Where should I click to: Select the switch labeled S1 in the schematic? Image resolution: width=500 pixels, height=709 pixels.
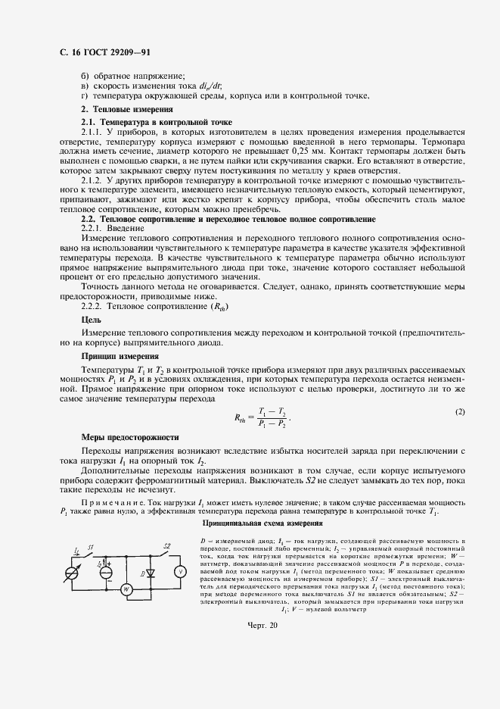click(91, 558)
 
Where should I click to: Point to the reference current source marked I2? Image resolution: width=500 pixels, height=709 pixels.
click(105, 572)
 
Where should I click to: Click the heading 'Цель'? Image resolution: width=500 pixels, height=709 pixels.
click(91, 320)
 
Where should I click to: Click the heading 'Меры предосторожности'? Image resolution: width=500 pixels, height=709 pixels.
click(129, 437)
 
